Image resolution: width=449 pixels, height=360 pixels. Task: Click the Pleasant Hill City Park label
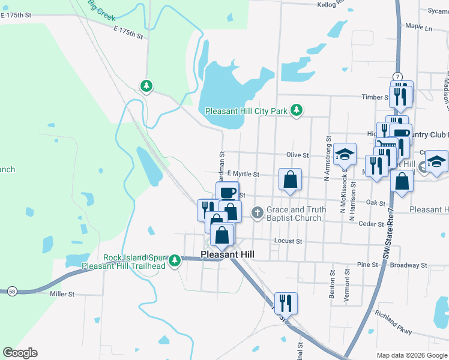point(246,111)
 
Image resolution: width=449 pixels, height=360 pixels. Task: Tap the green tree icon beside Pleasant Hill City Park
point(296,110)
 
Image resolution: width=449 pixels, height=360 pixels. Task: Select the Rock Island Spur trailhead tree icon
point(175,260)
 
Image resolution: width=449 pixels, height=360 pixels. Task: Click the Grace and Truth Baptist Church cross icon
point(258,212)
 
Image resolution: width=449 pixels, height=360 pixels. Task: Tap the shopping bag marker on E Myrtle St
point(290,179)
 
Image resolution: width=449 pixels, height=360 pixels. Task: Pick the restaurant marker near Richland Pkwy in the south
point(285,303)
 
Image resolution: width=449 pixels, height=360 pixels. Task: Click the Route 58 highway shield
point(12,292)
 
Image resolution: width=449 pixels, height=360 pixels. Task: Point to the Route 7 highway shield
point(397,76)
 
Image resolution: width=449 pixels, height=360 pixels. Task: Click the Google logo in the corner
point(20,352)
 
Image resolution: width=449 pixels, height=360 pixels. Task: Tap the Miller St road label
point(62,294)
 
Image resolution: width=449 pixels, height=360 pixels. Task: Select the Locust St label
point(288,241)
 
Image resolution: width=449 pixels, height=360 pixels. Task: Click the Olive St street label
point(297,155)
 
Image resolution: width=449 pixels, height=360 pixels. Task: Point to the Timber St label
point(374,97)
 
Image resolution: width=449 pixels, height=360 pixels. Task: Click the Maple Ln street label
point(418,27)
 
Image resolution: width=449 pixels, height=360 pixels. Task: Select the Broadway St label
point(408,265)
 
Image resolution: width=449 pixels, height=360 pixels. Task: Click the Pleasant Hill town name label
point(228,254)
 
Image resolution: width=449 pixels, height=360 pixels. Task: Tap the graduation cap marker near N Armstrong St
point(345,154)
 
